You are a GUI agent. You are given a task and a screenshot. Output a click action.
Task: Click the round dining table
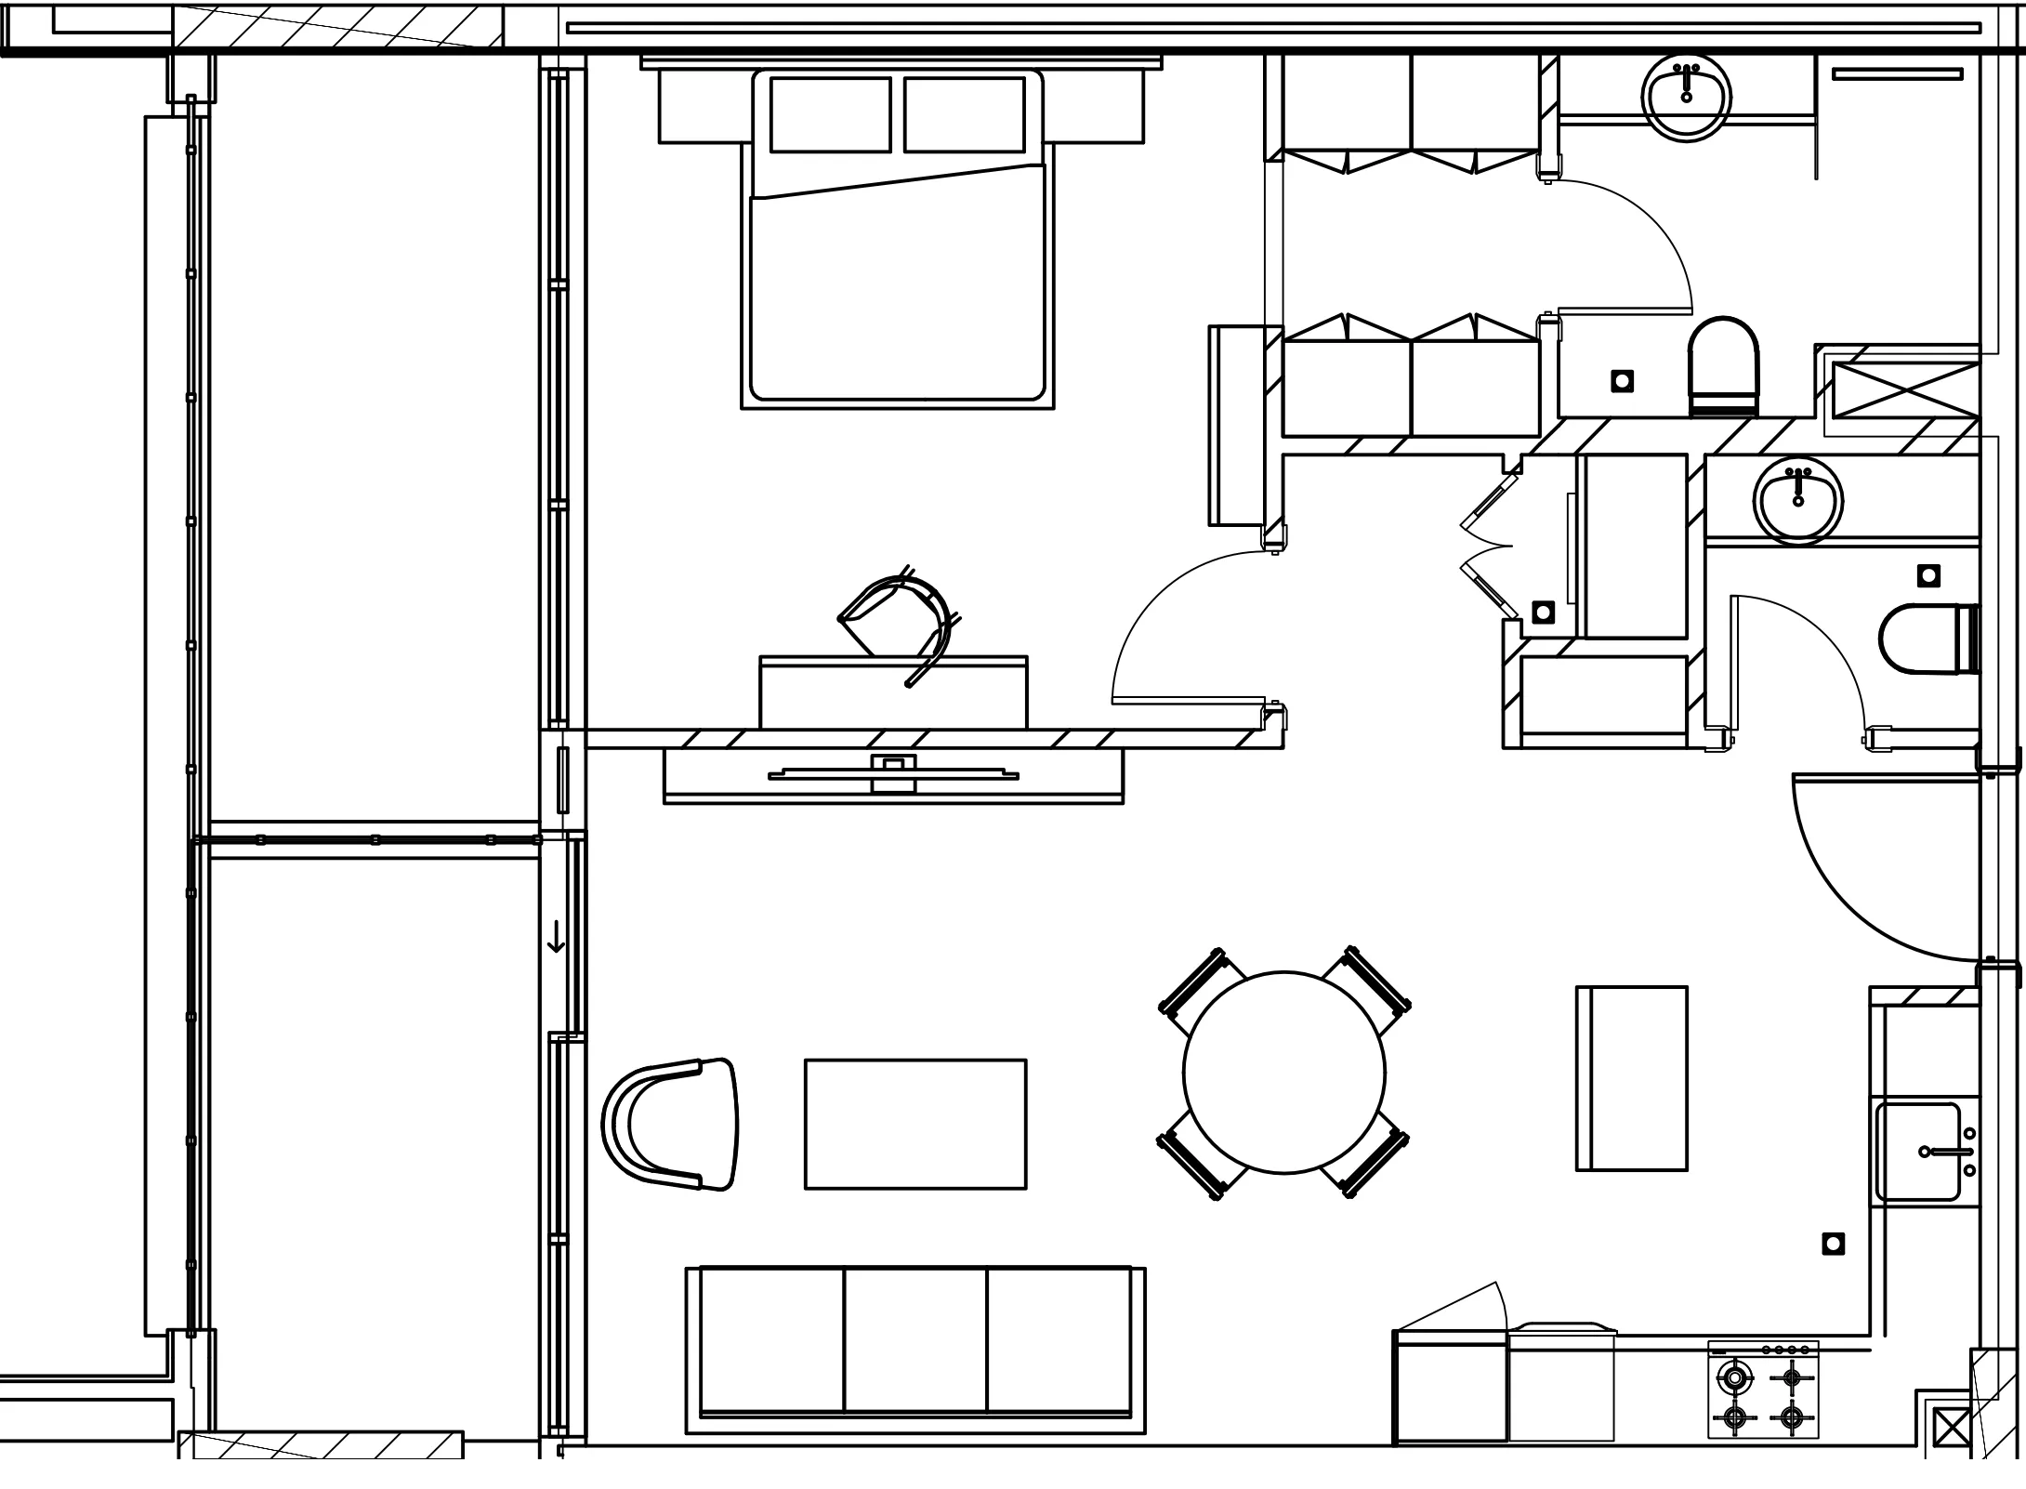tap(1283, 1072)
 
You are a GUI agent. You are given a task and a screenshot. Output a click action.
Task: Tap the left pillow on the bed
tap(830, 114)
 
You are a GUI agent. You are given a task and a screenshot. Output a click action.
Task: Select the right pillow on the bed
tap(964, 114)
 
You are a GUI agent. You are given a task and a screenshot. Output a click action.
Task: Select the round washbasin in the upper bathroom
tap(1686, 96)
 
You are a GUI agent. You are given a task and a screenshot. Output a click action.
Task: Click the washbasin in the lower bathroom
tap(1797, 499)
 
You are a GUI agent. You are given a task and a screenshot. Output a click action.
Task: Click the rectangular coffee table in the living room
tap(915, 1124)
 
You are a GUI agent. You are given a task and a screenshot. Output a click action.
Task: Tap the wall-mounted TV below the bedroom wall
tap(893, 774)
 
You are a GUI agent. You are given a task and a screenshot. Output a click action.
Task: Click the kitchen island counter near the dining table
tap(1631, 1078)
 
